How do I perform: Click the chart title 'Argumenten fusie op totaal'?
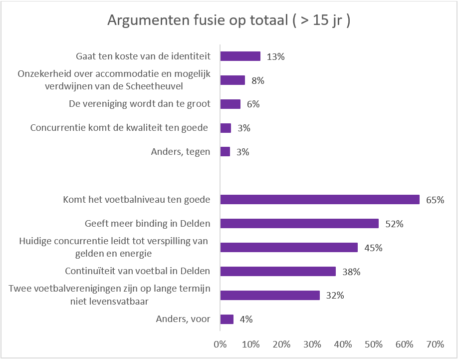[x=198, y=20]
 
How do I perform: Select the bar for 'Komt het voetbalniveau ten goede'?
[x=320, y=200]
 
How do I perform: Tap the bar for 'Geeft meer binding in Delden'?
[x=299, y=224]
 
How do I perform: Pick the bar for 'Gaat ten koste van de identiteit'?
[x=240, y=56]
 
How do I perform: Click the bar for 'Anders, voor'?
[x=227, y=319]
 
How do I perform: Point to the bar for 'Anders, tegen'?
[x=225, y=152]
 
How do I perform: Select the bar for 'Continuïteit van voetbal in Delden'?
[x=278, y=271]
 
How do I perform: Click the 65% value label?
[x=435, y=200]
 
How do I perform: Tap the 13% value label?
[x=275, y=57]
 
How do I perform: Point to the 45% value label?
[x=373, y=248]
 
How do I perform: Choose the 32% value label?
[x=335, y=296]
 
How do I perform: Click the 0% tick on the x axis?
[x=220, y=344]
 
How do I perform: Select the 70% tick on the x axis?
[x=435, y=344]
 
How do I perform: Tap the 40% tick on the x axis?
[x=343, y=344]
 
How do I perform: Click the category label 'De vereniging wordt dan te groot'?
[x=140, y=104]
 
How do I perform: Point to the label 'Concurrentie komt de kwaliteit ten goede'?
[x=119, y=128]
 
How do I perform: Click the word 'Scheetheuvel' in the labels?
[x=154, y=86]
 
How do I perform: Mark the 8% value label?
[x=258, y=80]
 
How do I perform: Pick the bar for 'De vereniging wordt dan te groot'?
[x=230, y=104]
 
